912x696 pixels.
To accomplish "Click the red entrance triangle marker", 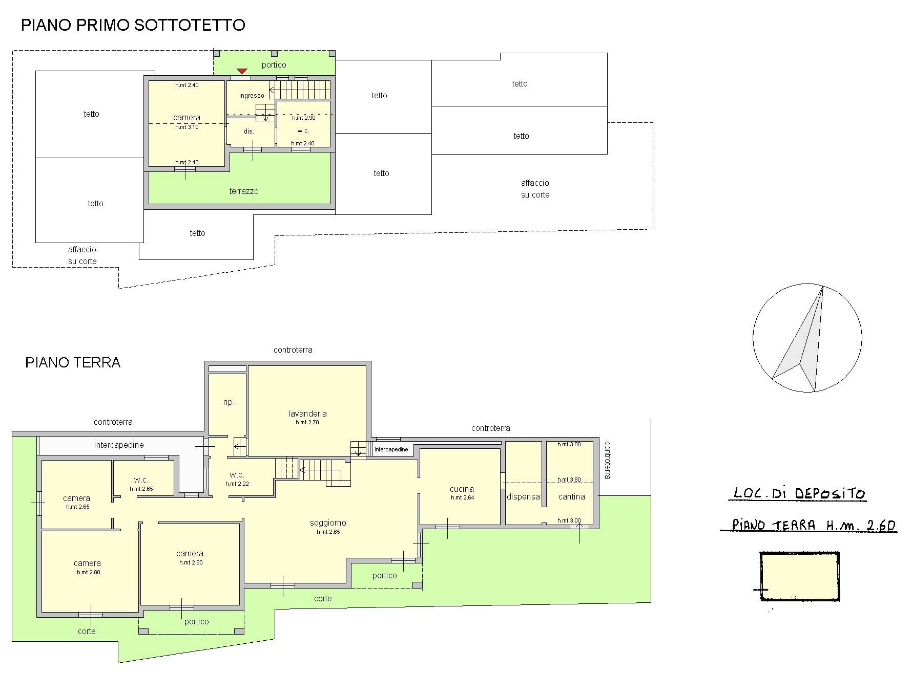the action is coord(242,71).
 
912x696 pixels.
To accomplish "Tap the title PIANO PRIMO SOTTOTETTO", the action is coord(133,25).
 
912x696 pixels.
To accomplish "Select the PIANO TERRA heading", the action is coord(73,363).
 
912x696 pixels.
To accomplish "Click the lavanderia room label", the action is coord(307,414).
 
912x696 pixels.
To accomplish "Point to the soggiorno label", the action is coord(328,523).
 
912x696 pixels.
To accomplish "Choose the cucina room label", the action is coord(462,489).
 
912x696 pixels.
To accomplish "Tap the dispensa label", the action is coord(523,496).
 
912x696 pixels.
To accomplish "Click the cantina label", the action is coord(572,496).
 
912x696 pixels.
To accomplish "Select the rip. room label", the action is coord(229,402).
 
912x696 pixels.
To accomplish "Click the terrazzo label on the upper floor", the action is coord(244,191).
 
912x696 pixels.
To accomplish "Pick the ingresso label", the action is coord(252,96).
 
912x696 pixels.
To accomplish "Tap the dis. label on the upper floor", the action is coord(248,132).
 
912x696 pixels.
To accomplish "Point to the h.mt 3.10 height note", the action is coord(187,127).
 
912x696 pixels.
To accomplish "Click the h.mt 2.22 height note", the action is coord(237,484).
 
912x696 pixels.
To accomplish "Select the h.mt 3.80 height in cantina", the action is coord(569,480).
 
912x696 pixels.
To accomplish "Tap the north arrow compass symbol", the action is coord(807,338).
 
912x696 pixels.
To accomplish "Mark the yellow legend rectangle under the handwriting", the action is coord(799,577).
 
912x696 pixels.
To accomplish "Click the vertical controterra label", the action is coord(607,460).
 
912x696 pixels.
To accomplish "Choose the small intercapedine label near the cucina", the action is coord(391,449).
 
